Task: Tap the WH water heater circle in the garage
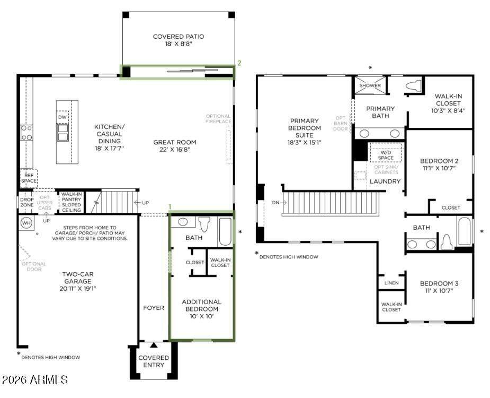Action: (26, 223)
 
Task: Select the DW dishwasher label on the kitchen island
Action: (63, 117)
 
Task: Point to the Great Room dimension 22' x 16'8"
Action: (175, 150)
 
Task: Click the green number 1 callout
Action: (170, 206)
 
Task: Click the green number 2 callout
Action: (239, 63)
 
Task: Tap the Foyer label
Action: (154, 308)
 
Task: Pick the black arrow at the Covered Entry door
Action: (154, 345)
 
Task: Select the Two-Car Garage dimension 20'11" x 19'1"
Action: (77, 289)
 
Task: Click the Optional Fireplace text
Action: (218, 119)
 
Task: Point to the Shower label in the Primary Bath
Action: (370, 85)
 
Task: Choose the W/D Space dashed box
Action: (386, 152)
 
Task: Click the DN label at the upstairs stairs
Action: (275, 203)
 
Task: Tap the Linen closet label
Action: (391, 283)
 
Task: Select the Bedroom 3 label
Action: (439, 283)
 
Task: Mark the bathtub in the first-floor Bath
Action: (225, 232)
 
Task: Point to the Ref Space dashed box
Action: (29, 178)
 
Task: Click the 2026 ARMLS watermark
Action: (34, 379)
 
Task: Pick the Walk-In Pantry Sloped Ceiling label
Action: (72, 202)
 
